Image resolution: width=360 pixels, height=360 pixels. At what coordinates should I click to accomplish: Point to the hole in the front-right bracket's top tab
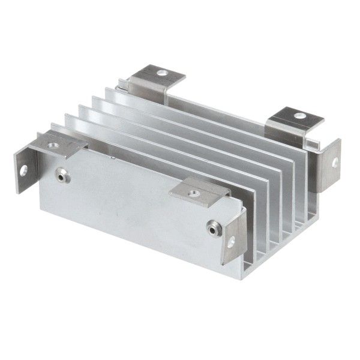pyautogui.click(x=193, y=193)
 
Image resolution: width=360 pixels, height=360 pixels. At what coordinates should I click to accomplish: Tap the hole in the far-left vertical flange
pyautogui.click(x=23, y=170)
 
